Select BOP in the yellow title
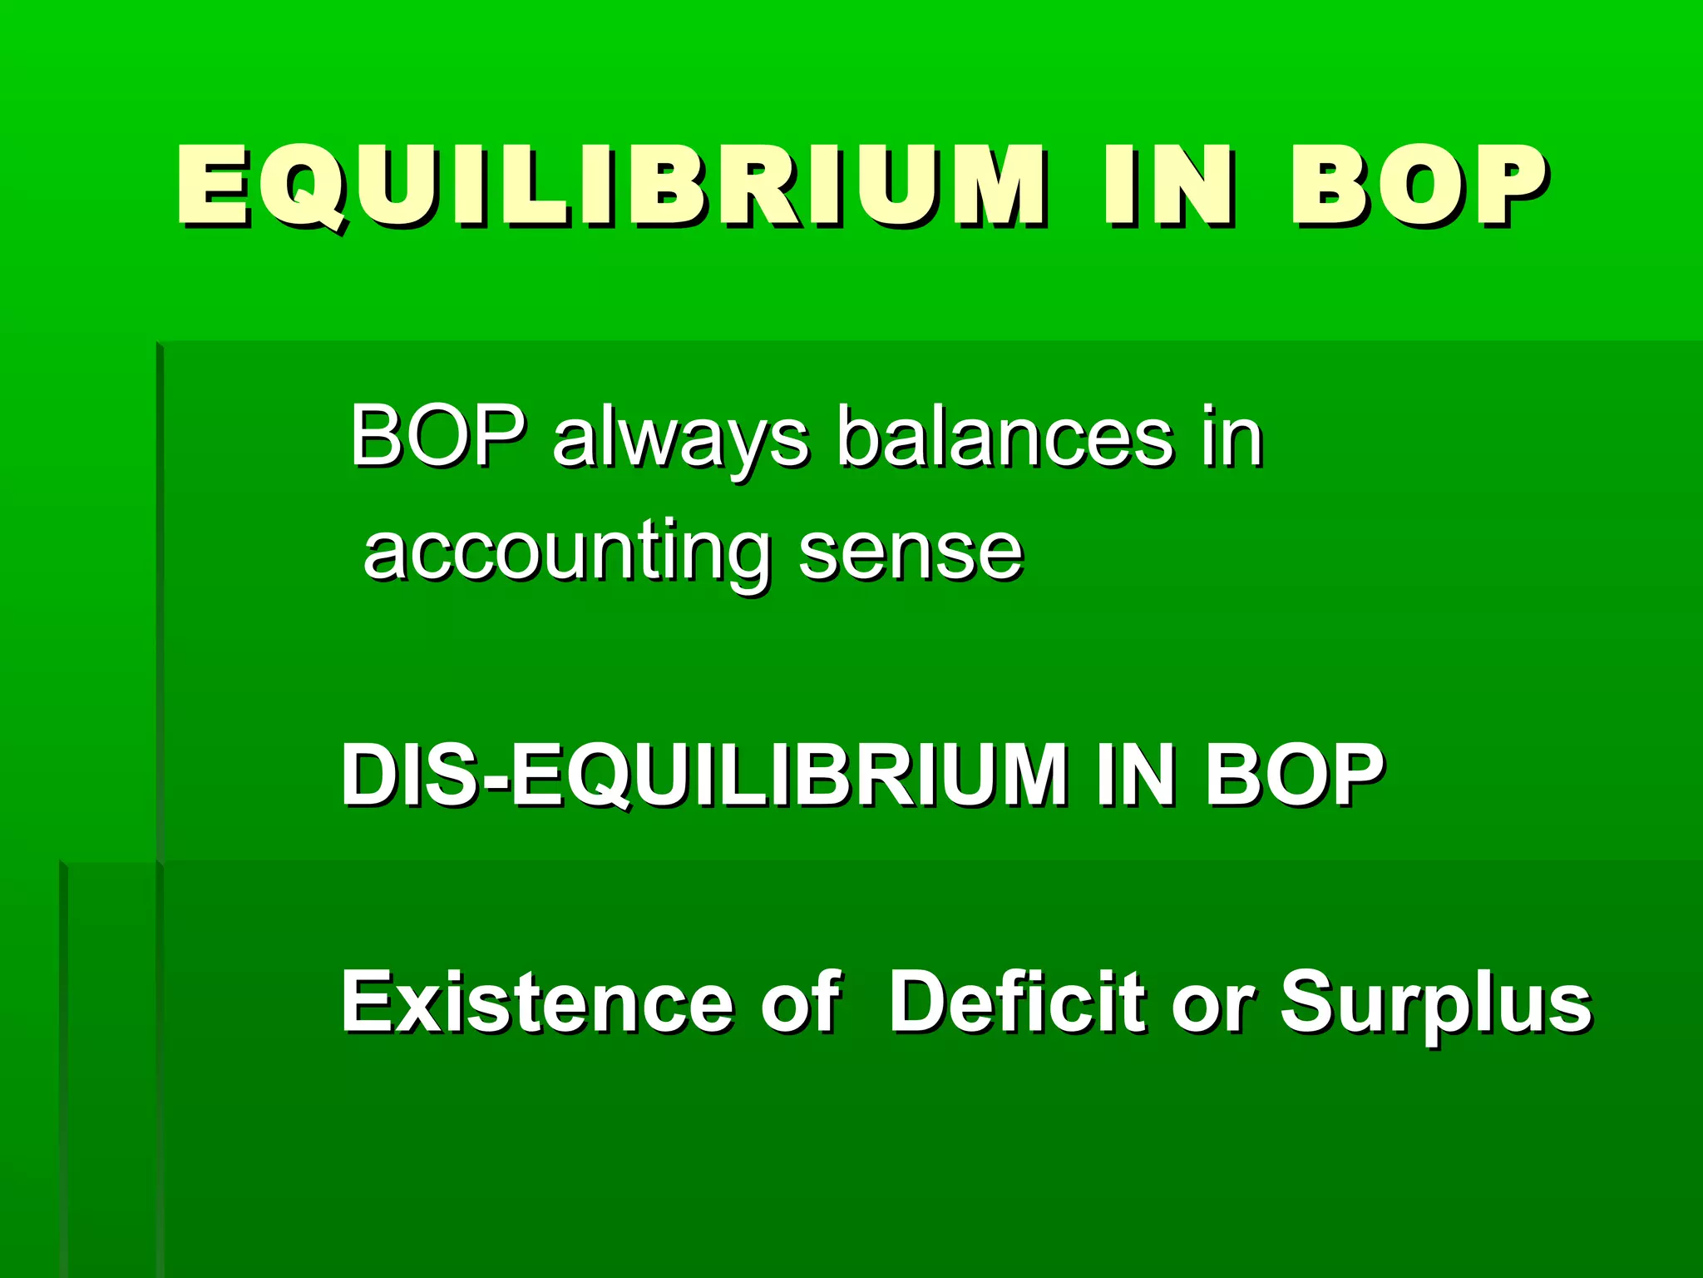click(1417, 185)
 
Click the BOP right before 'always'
click(437, 436)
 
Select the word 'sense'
click(911, 553)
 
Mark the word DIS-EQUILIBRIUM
click(703, 775)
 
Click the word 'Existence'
click(537, 1002)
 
